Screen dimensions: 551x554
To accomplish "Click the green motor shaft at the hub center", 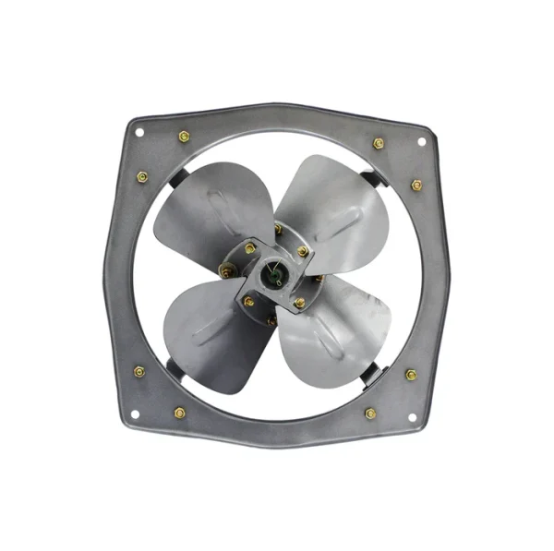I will click(272, 273).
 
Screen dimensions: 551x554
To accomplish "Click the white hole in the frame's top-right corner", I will click(421, 141).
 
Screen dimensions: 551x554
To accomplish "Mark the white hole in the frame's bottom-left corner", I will click(136, 413).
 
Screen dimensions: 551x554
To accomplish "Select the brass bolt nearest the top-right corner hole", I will click(379, 143).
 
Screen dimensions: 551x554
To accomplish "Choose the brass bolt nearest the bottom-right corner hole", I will click(370, 413).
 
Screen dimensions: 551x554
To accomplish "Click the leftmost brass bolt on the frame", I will click(138, 371).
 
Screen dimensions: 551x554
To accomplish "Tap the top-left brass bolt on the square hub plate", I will click(249, 247).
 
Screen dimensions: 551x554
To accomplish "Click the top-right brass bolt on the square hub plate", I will click(302, 251).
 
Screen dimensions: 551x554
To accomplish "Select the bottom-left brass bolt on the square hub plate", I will click(247, 301).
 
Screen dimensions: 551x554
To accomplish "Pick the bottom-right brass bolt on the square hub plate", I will click(299, 303).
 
